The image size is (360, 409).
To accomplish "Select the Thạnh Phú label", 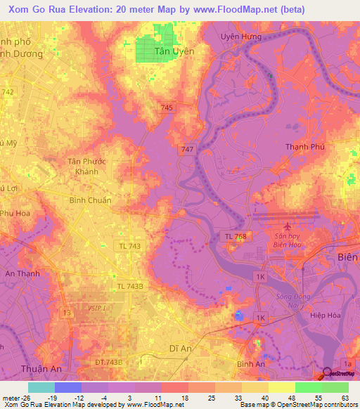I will click(304, 147).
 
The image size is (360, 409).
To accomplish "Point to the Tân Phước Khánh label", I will click(86, 167).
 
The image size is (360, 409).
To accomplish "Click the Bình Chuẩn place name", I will click(90, 200).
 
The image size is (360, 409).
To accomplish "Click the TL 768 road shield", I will click(236, 238).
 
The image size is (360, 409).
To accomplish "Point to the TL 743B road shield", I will click(130, 286).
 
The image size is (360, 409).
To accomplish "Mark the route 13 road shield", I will click(67, 312).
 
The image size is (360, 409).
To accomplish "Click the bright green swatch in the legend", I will click(308, 387).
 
